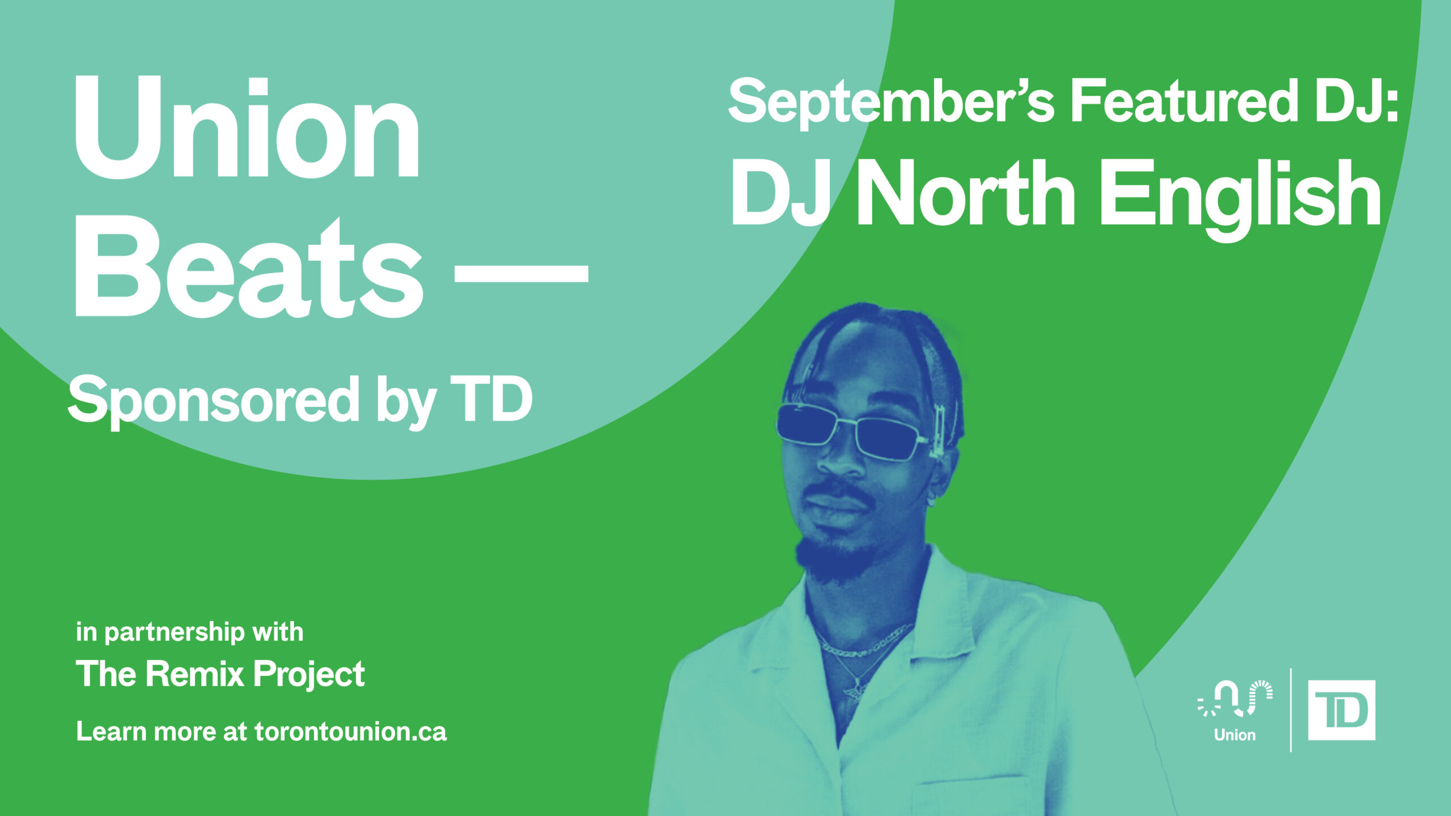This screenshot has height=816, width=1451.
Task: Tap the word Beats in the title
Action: point(248,267)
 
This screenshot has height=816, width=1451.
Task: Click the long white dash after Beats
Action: point(521,277)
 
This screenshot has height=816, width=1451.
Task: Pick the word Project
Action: point(309,675)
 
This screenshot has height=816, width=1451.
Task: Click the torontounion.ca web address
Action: point(350,732)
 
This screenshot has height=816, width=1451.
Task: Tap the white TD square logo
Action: point(1342,710)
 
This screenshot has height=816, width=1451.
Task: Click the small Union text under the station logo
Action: point(1234,735)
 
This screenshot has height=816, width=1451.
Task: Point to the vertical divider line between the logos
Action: point(1291,710)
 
